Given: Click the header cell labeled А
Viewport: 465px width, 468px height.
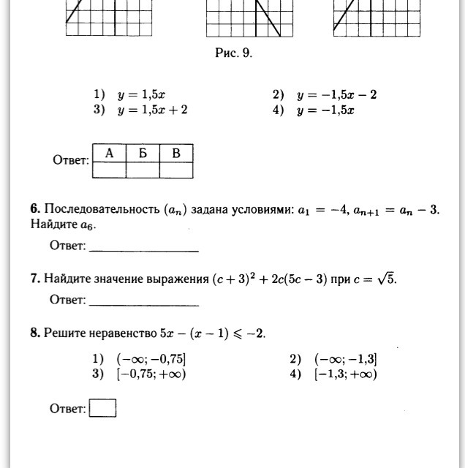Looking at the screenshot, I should [109, 153].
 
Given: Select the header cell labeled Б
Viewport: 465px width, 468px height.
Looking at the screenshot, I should [143, 153].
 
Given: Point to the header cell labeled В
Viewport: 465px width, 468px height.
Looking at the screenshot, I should [176, 153].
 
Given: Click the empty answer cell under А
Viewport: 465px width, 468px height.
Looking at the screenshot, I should [109, 170].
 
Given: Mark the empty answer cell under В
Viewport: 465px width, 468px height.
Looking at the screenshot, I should [176, 170].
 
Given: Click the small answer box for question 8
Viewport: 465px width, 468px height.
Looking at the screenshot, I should [102, 408].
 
